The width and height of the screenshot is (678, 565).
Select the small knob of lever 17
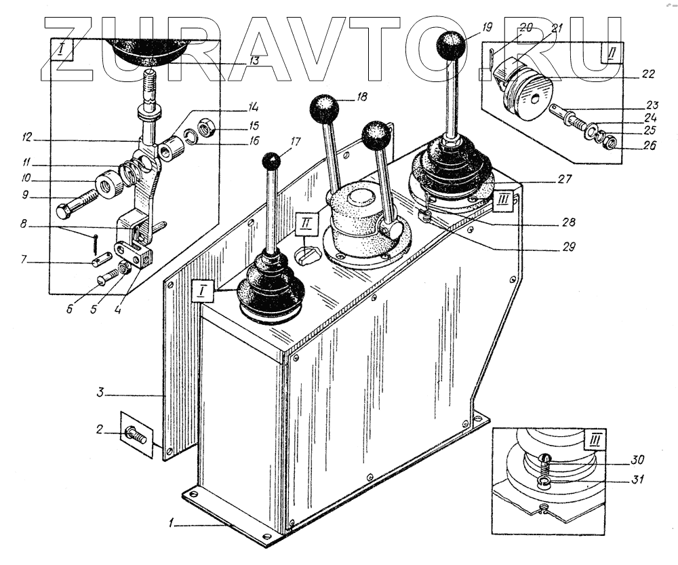coord(272,161)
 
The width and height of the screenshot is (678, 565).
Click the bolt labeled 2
coord(136,434)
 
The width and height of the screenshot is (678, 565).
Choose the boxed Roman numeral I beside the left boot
coord(202,292)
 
